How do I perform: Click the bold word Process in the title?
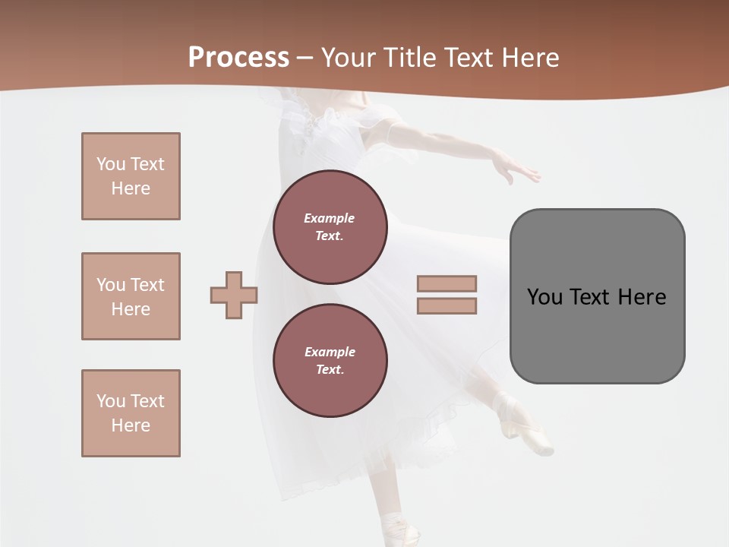coord(238,58)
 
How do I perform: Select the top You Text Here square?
coord(131,176)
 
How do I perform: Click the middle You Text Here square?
coord(131,296)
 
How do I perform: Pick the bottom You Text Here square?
coord(131,413)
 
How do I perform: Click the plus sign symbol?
coord(234,295)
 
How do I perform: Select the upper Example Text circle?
coord(330,227)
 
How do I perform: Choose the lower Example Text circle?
coord(330,361)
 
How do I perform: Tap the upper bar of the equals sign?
coord(447,283)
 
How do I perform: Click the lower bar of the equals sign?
coord(447,306)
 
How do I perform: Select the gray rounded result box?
coord(597,296)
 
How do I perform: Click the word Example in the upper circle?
coord(330,219)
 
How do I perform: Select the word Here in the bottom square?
coord(131,425)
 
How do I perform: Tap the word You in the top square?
coord(110,164)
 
